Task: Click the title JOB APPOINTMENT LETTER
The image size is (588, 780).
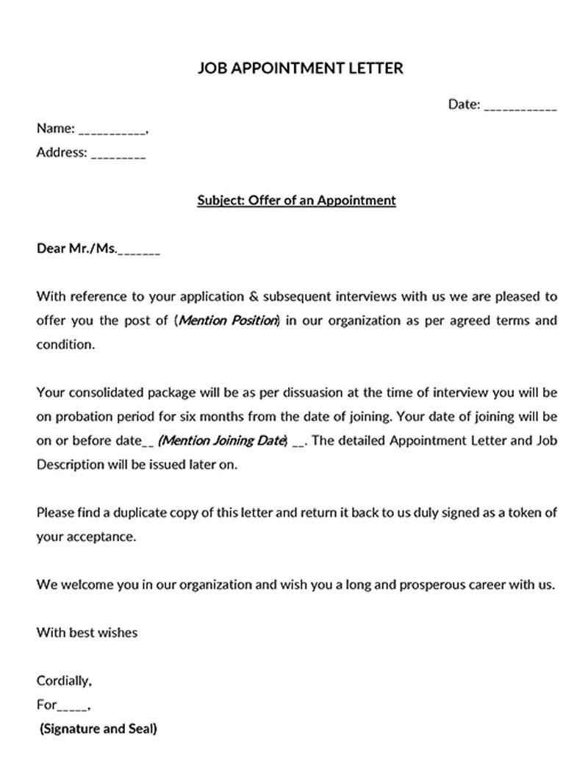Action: [301, 68]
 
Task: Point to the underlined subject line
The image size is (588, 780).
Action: [296, 200]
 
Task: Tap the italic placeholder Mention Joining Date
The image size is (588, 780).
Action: [221, 440]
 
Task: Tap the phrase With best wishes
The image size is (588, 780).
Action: [87, 632]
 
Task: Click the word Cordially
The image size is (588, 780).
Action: [64, 681]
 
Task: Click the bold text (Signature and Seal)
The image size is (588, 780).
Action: [98, 729]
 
